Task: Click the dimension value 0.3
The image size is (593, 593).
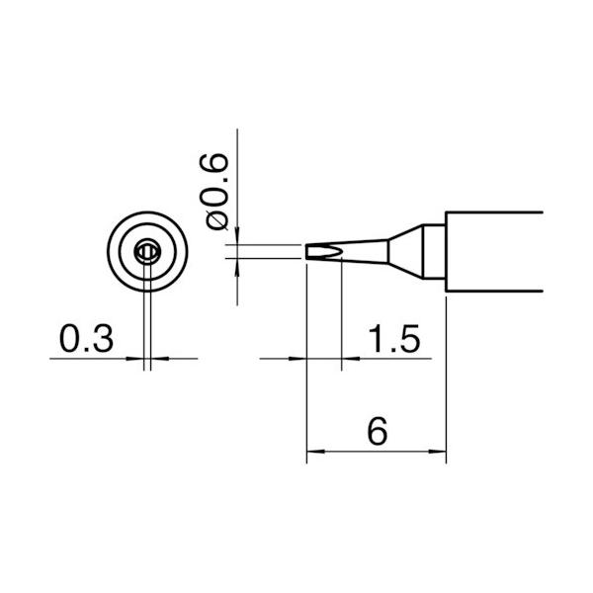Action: click(x=86, y=338)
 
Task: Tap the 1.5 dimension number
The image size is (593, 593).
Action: click(x=394, y=338)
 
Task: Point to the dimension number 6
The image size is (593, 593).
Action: click(x=376, y=432)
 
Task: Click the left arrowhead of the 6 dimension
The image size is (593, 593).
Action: click(x=314, y=455)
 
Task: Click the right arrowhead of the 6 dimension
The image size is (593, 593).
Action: click(x=439, y=455)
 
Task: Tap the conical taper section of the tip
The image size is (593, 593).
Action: click(x=399, y=252)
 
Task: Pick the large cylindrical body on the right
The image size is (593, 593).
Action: click(x=494, y=251)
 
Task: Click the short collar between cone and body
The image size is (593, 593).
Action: click(x=434, y=252)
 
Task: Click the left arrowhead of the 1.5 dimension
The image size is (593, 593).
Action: click(x=300, y=358)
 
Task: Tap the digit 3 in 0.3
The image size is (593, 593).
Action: click(x=102, y=338)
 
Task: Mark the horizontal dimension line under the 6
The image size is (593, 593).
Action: click(x=376, y=455)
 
